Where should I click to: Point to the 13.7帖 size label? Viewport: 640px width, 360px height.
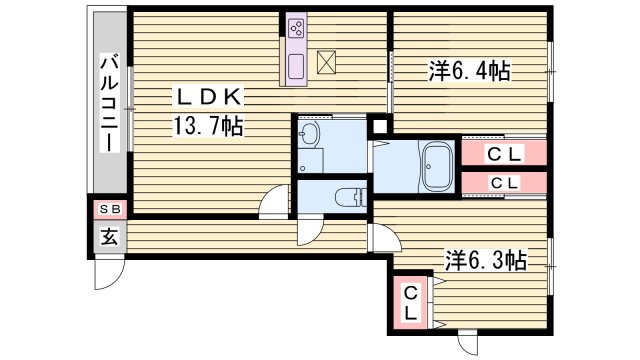point(206,127)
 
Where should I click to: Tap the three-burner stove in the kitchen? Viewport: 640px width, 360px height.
point(297,28)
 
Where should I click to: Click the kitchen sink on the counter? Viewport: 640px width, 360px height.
point(297,66)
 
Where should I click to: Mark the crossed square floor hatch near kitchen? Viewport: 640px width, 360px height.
point(328,62)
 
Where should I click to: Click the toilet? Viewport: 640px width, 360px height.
point(347,197)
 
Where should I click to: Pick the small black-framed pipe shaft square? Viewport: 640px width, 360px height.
point(379,126)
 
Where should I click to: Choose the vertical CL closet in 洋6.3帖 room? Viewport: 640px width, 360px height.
point(411,304)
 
